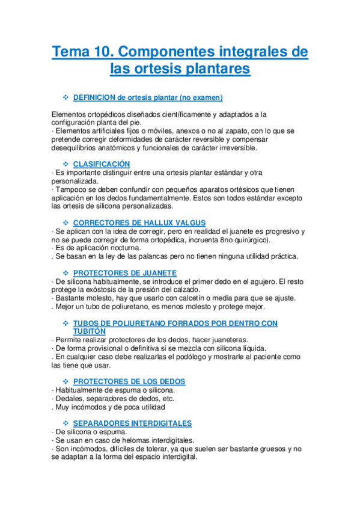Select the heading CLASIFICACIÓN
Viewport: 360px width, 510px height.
[102, 164]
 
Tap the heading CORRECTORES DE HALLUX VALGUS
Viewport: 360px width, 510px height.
[139, 223]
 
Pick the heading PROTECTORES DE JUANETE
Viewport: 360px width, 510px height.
[124, 272]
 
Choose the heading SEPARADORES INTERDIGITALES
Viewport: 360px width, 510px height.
[132, 423]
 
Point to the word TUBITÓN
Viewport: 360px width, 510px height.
[90, 331]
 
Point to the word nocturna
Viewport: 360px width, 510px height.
[123, 248]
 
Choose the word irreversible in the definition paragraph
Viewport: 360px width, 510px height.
[236, 147]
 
